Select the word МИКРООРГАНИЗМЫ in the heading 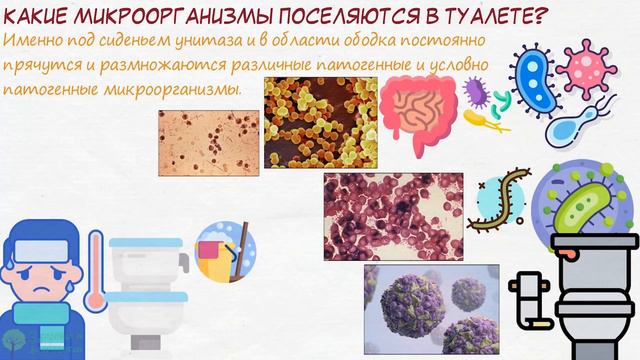148,17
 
